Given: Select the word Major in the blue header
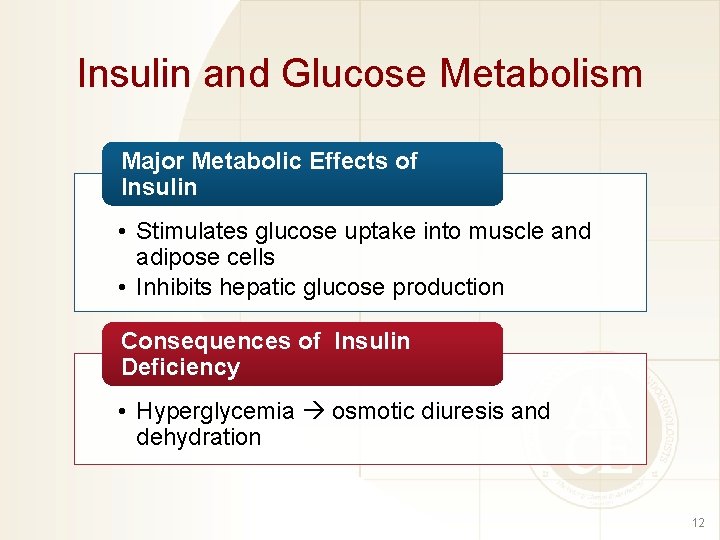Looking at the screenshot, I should (x=153, y=161).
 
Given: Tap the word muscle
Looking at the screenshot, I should (x=509, y=231).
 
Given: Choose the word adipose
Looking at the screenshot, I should (x=176, y=257).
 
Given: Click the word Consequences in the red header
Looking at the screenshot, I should (x=206, y=341).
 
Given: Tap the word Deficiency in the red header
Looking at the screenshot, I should (x=180, y=367).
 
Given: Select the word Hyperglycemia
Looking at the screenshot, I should (x=215, y=412).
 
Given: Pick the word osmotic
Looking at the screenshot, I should (x=368, y=411).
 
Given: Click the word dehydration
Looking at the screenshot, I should (x=198, y=437).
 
